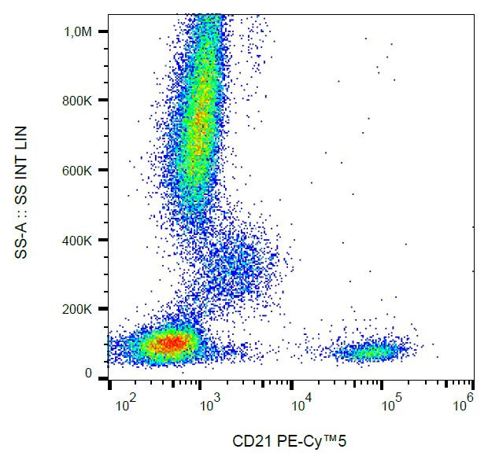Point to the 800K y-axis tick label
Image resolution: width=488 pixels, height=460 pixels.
click(83, 101)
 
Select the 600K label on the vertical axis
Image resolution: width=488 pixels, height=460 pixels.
click(83, 170)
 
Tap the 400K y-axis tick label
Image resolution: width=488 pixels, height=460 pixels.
click(83, 240)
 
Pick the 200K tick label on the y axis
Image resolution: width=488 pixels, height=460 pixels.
click(83, 309)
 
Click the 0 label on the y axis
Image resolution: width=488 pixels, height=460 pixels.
click(89, 374)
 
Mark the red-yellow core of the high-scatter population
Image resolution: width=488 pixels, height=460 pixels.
click(201, 118)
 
